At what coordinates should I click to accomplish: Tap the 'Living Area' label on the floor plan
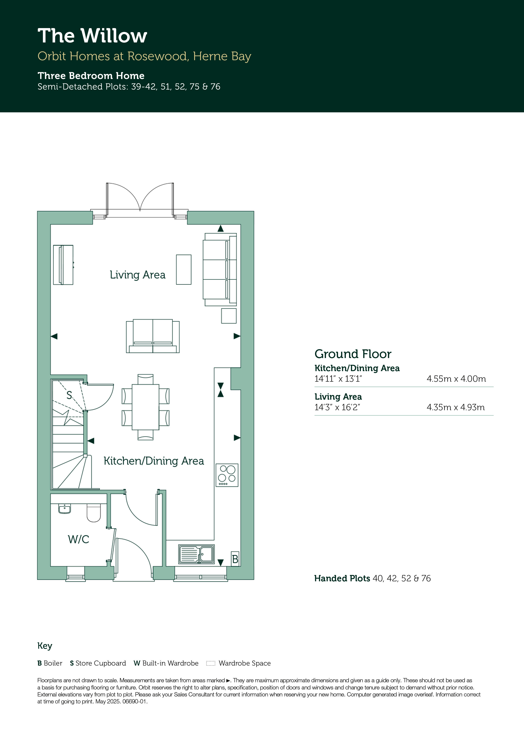(x=138, y=275)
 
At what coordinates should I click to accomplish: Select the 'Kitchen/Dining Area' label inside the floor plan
(x=154, y=461)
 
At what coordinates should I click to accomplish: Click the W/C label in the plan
(x=78, y=539)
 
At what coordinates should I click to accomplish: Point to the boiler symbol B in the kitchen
(x=235, y=559)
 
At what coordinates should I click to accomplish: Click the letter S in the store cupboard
(x=69, y=395)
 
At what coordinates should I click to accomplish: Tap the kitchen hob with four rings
(x=227, y=475)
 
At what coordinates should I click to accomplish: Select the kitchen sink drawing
(x=196, y=554)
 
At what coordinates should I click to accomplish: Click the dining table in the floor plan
(x=146, y=407)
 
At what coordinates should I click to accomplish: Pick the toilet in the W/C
(x=94, y=513)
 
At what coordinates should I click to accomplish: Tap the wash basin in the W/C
(x=65, y=509)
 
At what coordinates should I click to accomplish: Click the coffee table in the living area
(x=184, y=270)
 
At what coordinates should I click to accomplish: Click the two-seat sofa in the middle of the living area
(x=153, y=336)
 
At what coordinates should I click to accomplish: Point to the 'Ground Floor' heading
(x=353, y=354)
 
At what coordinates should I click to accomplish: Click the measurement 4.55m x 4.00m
(x=456, y=379)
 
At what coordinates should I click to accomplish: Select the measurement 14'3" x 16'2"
(x=337, y=407)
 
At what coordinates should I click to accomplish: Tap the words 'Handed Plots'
(x=342, y=578)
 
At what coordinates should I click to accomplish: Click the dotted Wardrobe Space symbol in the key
(x=210, y=663)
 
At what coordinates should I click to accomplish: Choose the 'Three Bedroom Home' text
(x=91, y=76)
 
